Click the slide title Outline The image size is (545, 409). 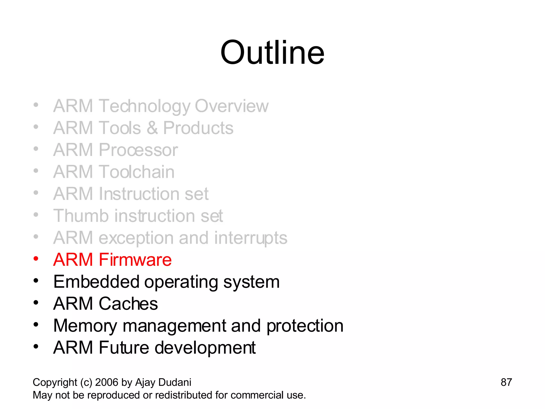tap(272, 52)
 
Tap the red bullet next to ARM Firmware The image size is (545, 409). tap(36, 259)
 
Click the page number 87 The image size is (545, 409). tap(506, 382)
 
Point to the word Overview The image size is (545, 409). tap(232, 106)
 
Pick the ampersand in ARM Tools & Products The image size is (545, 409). tap(152, 128)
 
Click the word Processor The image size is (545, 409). tap(138, 150)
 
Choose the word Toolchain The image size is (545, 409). tap(137, 172)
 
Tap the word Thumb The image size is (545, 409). tap(81, 216)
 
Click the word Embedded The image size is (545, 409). tap(96, 282)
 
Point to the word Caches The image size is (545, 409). tap(128, 304)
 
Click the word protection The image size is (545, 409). tap(305, 326)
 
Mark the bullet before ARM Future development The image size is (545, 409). tap(36, 347)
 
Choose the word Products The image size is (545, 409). tap(198, 128)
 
